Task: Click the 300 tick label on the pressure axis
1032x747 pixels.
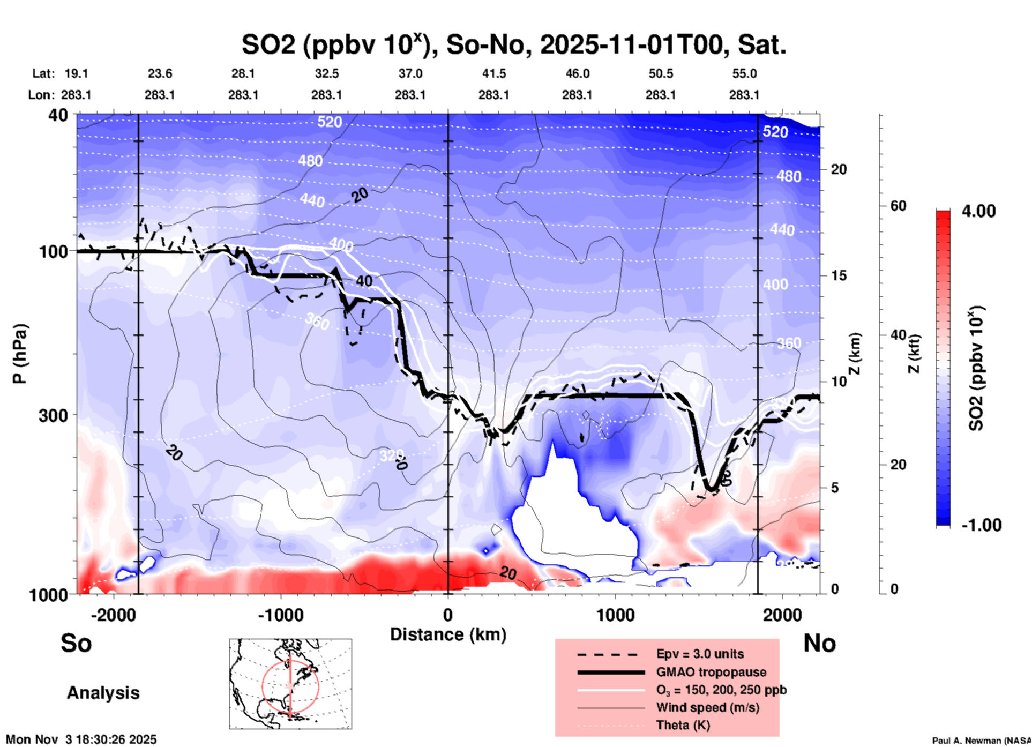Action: (53, 415)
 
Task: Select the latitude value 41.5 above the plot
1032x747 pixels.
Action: (493, 73)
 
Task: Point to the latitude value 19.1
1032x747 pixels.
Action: (76, 73)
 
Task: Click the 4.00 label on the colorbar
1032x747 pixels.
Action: (978, 211)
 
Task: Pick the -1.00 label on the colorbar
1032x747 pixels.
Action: (981, 525)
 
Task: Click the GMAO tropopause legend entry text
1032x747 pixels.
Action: (711, 672)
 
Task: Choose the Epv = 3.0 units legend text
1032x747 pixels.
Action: (700, 654)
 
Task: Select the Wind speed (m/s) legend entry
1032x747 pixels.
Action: (707, 707)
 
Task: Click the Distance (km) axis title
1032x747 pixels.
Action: (448, 634)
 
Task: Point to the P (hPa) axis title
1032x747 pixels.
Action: (20, 354)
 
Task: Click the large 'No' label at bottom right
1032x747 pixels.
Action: (819, 643)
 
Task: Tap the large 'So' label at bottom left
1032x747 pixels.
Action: (76, 643)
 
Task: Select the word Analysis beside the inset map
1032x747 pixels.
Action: (103, 693)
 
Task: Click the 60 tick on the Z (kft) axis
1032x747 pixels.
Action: (898, 206)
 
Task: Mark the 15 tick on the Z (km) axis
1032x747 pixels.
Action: (838, 275)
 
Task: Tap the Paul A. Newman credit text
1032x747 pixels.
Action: (981, 741)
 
